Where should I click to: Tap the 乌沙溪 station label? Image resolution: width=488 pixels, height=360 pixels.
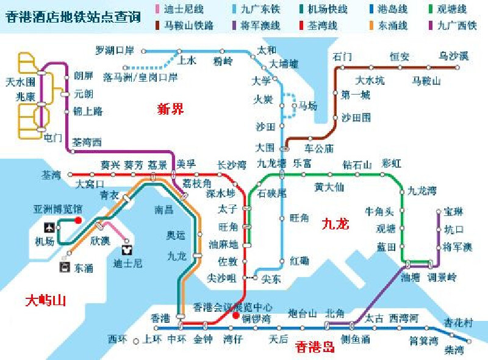(x=454, y=57)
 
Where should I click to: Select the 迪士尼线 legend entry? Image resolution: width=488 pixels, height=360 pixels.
(x=179, y=9)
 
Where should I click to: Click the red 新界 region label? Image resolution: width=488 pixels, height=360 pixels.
(x=170, y=109)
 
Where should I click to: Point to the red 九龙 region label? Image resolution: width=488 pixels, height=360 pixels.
(x=335, y=224)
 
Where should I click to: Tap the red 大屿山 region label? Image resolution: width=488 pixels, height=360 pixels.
(x=46, y=300)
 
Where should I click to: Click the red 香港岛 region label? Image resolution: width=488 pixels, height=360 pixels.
(x=315, y=348)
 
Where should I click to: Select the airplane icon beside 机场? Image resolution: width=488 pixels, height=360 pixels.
(x=49, y=227)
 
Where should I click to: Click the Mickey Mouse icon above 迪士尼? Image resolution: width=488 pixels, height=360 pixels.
(x=127, y=250)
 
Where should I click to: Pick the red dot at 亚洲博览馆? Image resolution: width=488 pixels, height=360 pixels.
(x=78, y=220)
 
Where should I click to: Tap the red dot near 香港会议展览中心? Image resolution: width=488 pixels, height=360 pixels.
(x=235, y=315)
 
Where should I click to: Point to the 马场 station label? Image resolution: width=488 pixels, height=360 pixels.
(x=307, y=106)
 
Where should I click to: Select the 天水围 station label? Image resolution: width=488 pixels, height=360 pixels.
(x=20, y=81)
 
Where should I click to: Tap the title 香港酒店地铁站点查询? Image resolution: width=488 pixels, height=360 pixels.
(x=73, y=16)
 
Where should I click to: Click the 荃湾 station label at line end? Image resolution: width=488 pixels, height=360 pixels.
(x=51, y=175)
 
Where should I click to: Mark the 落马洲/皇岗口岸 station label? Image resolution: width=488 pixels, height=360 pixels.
(x=140, y=77)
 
